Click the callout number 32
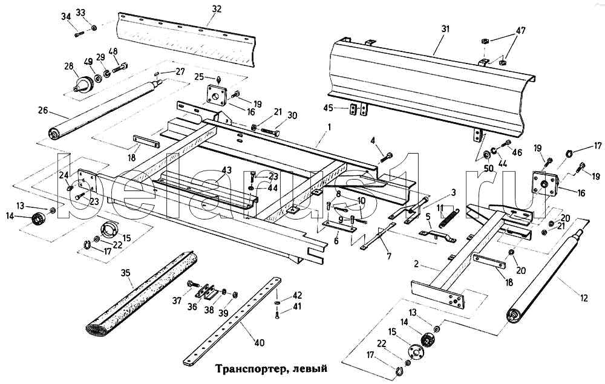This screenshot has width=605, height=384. click(x=217, y=9)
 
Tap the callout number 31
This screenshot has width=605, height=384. click(x=446, y=29)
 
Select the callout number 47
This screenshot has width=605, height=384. click(x=520, y=30)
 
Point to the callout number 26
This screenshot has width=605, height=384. click(x=43, y=110)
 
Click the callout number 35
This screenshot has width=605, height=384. click(x=125, y=273)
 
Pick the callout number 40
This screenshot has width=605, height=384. click(x=260, y=342)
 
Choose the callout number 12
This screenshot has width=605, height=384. click(x=583, y=298)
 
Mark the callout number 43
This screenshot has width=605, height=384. click(x=226, y=170)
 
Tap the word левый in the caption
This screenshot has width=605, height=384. click(x=310, y=368)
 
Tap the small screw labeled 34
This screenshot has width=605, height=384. click(x=79, y=34)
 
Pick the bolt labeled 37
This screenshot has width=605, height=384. click(x=194, y=284)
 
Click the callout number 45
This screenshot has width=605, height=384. click(x=329, y=108)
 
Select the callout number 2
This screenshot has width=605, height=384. click(x=416, y=264)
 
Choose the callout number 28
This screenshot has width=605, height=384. click(x=69, y=67)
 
